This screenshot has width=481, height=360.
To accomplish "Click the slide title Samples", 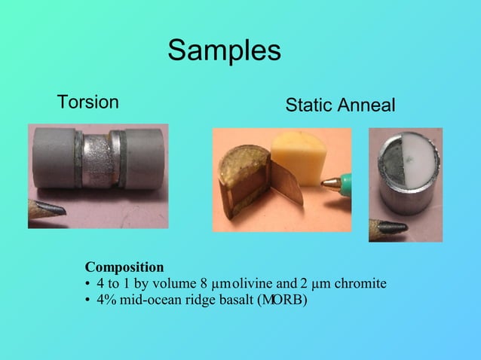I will point(224,50).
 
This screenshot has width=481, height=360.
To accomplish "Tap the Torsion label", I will point(88,102).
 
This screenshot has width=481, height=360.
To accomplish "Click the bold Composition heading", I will point(124,267).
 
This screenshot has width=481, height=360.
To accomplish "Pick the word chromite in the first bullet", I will point(360,284).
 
